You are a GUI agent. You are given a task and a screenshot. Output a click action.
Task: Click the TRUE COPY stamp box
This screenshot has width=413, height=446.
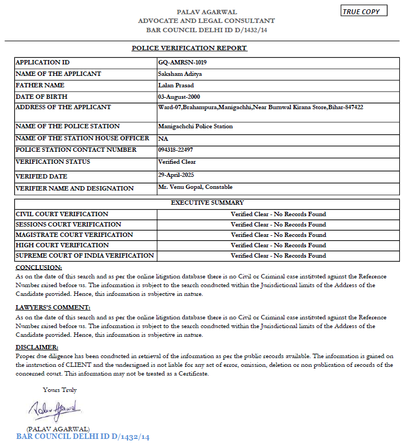point(364,11)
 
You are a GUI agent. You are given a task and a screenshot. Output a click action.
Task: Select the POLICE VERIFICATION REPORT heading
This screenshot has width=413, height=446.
point(189,48)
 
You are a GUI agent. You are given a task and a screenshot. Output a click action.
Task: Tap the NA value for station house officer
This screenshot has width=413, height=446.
point(163,139)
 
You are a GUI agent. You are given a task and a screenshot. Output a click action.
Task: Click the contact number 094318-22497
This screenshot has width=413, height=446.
point(175,150)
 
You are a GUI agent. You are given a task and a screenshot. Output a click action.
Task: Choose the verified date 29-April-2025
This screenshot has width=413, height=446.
point(176,175)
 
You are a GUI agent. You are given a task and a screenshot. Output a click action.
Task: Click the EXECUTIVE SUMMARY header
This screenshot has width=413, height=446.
point(207,203)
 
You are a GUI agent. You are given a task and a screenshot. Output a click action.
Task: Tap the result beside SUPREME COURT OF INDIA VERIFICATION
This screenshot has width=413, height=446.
point(278,255)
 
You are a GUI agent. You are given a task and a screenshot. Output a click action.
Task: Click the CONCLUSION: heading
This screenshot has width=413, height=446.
point(39,267)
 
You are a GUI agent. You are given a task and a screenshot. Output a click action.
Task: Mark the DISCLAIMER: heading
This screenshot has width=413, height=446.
point(37,347)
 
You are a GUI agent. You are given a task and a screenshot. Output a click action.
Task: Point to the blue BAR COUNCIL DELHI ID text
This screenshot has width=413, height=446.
point(83,437)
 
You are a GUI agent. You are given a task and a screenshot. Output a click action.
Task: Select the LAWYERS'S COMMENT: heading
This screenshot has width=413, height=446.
point(53,307)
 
